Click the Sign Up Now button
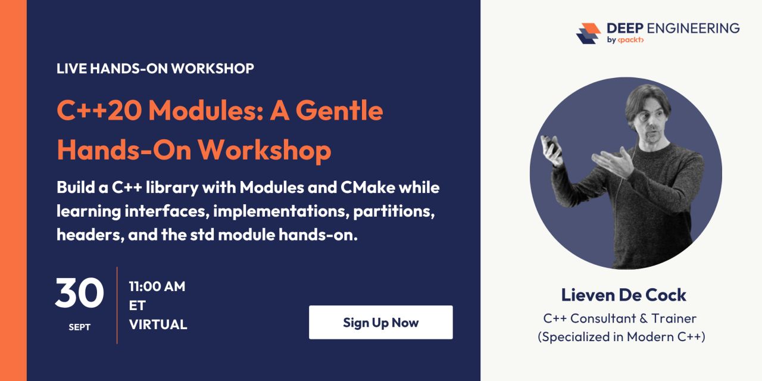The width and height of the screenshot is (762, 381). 380,322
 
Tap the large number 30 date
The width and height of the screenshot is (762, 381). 80,293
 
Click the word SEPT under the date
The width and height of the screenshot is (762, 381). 79,327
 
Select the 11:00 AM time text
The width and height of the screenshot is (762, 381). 157,286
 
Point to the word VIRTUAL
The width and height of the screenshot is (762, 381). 158,324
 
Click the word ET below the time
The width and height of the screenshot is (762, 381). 137,305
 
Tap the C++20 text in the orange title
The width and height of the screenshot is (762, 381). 99,111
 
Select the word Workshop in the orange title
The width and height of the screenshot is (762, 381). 264,150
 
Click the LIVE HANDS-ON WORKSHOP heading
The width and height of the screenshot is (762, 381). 155,68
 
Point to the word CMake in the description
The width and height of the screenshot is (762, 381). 368,188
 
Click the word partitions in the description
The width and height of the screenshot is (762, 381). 394,211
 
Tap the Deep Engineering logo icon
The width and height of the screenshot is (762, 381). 588,33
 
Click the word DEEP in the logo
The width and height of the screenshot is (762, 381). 625,28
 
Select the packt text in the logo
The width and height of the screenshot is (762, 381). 630,40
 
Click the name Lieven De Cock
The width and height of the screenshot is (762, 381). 623,295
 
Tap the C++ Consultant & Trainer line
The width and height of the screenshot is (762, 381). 620,318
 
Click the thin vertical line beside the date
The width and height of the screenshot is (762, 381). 117,305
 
